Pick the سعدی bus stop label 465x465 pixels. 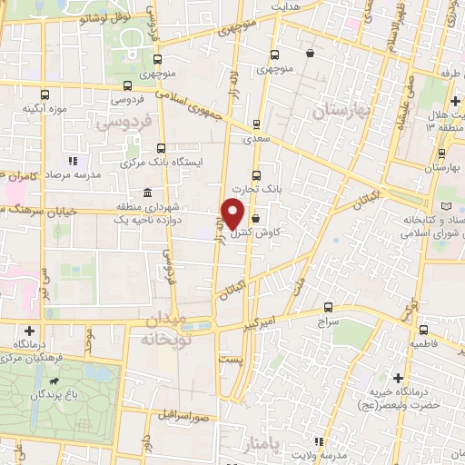(256, 141)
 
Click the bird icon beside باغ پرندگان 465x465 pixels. (56, 381)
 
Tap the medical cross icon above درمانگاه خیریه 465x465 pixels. (397, 377)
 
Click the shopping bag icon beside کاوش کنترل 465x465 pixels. (255, 219)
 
